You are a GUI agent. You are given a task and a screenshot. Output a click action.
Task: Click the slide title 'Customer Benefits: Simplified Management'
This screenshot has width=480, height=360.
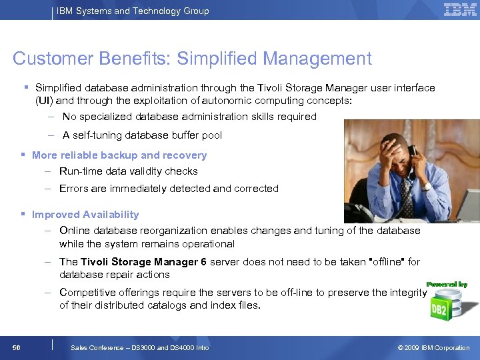[x=192, y=59]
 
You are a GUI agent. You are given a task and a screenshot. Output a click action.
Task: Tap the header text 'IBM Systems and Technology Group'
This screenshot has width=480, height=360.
[x=133, y=11]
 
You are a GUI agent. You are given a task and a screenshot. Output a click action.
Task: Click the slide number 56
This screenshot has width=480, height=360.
[x=17, y=347]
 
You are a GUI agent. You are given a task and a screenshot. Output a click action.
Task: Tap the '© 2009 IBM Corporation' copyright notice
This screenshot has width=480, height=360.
[x=433, y=347]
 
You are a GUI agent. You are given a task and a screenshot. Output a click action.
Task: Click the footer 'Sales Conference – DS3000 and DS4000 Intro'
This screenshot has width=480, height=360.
[x=139, y=347]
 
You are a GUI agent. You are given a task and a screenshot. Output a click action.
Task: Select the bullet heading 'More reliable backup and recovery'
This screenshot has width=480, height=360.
[x=119, y=155]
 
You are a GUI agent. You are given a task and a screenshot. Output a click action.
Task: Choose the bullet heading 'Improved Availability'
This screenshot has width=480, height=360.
[x=85, y=215]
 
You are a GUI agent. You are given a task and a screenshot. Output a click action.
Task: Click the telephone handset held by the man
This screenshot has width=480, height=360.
[x=412, y=159]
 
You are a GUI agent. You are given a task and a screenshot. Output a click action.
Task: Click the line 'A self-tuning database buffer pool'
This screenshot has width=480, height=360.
[x=142, y=135]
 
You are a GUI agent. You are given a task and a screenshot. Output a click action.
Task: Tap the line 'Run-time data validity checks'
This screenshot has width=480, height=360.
[x=129, y=171]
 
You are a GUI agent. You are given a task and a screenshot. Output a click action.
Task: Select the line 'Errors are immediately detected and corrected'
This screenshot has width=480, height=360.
[x=169, y=189]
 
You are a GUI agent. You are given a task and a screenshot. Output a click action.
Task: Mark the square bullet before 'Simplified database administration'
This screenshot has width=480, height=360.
[x=25, y=88]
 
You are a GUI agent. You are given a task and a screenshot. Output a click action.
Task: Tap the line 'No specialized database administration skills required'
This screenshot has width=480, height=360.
[x=189, y=117]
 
